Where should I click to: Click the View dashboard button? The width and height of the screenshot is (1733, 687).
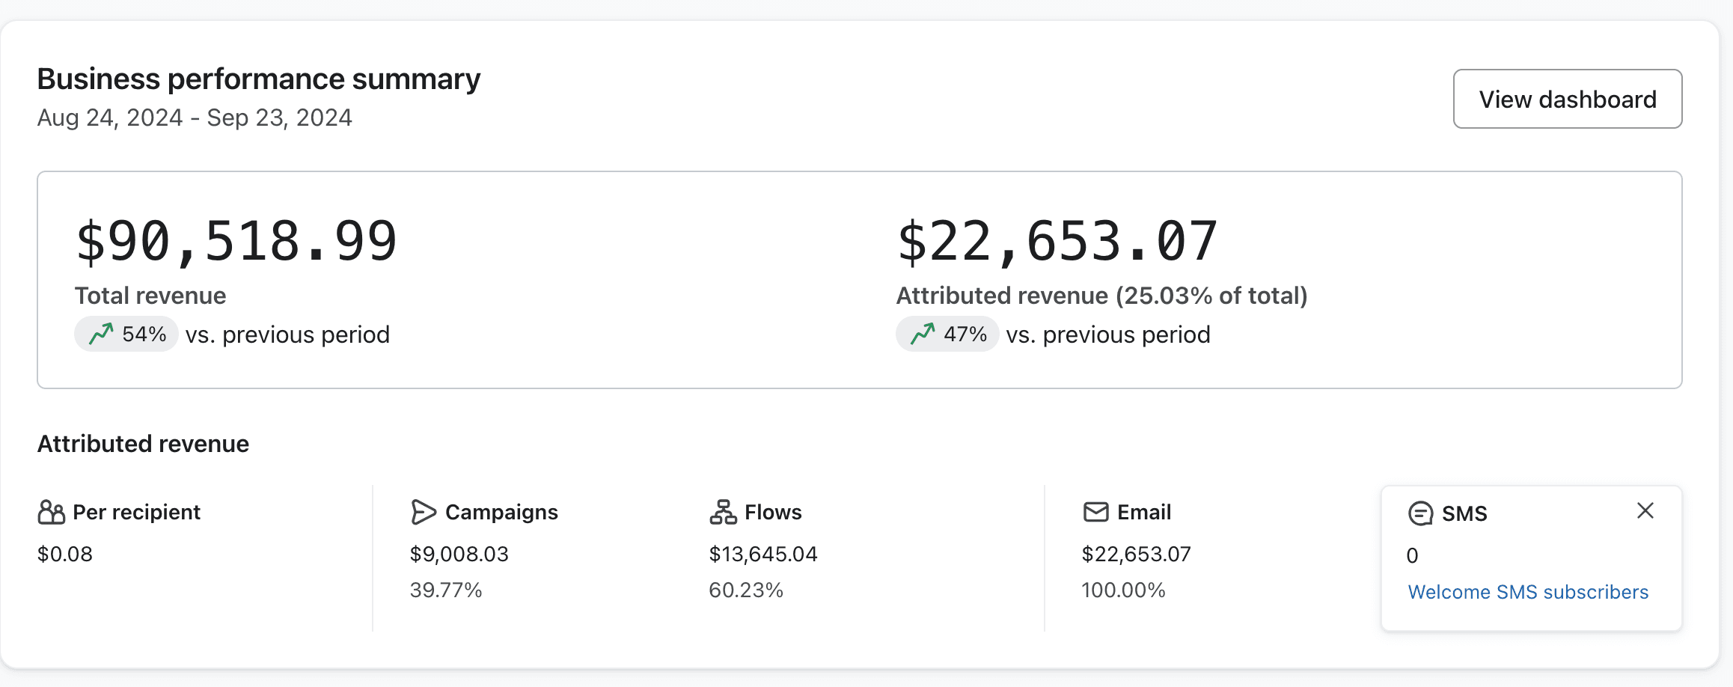[x=1567, y=99]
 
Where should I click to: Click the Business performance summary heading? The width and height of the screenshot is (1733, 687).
[x=258, y=79]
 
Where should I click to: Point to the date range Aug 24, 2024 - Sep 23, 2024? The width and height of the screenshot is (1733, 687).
[x=195, y=118]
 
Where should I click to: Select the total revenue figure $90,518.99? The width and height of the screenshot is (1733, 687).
[x=236, y=241]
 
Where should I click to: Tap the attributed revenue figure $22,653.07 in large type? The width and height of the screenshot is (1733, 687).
[x=1057, y=241]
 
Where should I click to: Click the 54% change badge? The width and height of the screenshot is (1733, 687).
[x=126, y=334]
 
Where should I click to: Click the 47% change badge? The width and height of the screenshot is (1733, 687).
[x=947, y=334]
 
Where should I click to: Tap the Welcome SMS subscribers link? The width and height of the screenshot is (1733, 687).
[x=1528, y=592]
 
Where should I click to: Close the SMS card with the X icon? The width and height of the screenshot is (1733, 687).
[x=1645, y=511]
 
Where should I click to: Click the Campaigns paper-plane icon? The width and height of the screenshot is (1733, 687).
[x=423, y=512]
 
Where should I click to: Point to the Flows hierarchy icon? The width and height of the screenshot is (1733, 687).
[x=723, y=512]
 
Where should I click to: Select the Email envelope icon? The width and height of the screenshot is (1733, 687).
[x=1095, y=512]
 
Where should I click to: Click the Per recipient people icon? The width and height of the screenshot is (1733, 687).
[x=51, y=512]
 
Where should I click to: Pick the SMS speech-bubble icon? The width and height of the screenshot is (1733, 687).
[x=1420, y=513]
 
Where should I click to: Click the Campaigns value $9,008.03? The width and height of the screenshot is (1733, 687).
[x=459, y=554]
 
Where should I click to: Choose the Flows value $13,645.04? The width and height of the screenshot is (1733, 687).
[x=762, y=554]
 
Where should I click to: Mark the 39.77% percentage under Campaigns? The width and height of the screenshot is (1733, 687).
[x=446, y=590]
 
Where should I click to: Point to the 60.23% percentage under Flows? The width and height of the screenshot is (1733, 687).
[x=745, y=590]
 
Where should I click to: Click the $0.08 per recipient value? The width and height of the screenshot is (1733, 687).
[x=65, y=554]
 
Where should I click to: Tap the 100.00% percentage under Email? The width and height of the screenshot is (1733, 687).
[x=1123, y=590]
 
